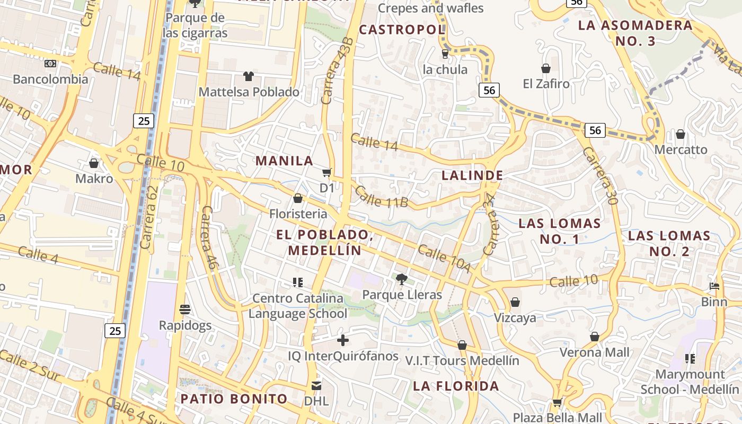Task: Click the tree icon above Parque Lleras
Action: (402, 279)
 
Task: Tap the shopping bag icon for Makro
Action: (94, 163)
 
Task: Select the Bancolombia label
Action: (50, 79)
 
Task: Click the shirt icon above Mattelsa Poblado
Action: (249, 76)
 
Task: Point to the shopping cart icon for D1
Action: (327, 172)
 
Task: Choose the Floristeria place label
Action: (298, 214)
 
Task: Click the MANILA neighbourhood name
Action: (285, 161)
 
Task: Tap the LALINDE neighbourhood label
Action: (472, 175)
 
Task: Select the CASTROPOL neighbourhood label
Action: (402, 30)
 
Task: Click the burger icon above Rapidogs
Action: (185, 309)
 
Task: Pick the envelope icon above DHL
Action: (316, 385)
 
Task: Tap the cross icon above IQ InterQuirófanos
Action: (343, 340)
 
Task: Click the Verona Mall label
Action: (595, 352)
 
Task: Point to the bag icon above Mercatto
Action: (681, 134)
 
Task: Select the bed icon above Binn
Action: (714, 286)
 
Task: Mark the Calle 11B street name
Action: (382, 197)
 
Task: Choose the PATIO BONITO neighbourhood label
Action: (234, 399)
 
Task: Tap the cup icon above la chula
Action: (445, 54)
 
